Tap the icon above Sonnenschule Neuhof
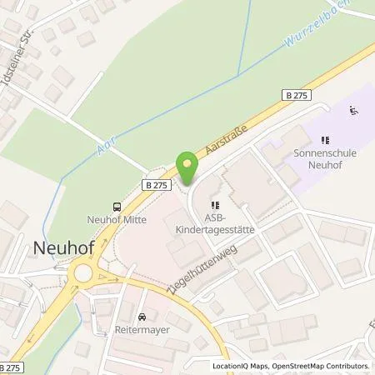click(x=325, y=140)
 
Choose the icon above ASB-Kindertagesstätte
click(x=216, y=203)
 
